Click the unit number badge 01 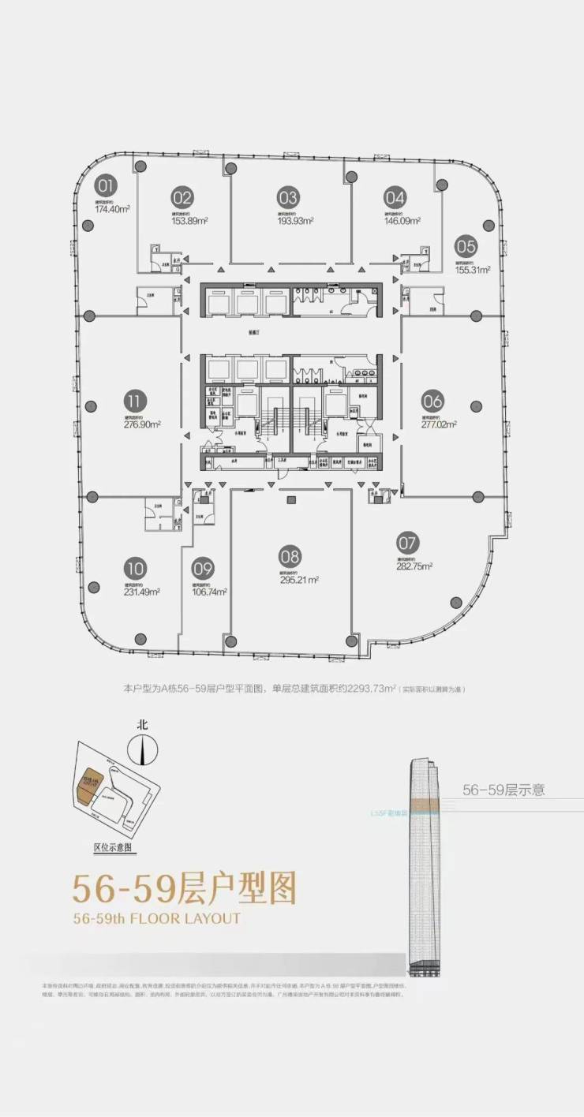pos(106,186)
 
